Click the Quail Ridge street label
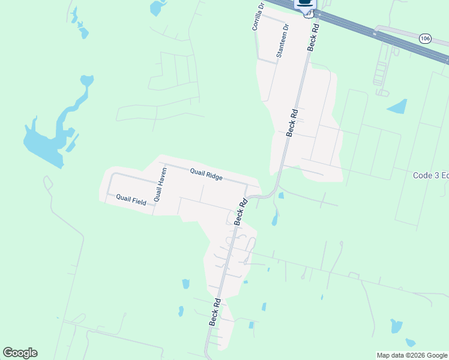click(x=206, y=175)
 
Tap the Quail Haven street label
click(x=159, y=184)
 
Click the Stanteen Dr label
click(x=281, y=41)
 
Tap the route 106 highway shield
click(x=425, y=38)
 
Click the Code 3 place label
click(x=430, y=175)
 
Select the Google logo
click(x=20, y=353)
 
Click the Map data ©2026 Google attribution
click(x=412, y=355)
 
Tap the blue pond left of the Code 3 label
click(x=397, y=107)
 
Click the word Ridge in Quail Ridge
click(x=214, y=176)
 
